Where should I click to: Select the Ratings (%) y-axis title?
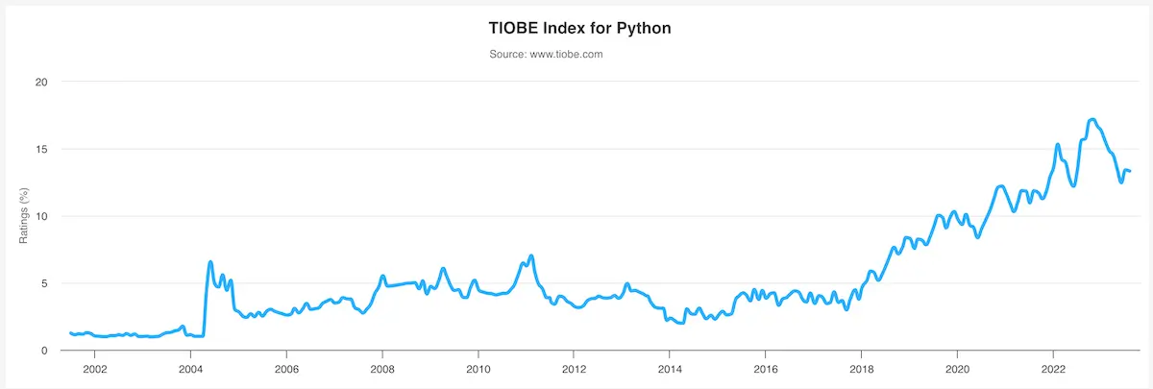[25, 217]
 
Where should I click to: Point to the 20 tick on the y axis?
[41, 82]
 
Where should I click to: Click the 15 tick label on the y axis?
[41, 149]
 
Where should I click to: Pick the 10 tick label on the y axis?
[41, 216]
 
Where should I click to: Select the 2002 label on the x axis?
[94, 368]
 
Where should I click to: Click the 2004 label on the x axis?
[190, 368]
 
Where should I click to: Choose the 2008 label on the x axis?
[382, 368]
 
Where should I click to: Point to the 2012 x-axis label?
[574, 368]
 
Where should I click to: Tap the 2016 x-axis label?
[766, 368]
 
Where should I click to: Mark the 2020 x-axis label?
[957, 368]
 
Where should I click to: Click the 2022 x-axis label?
[1053, 368]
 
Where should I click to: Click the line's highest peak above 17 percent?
[1092, 120]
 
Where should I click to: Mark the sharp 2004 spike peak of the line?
[210, 262]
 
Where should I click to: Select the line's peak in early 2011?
[530, 255]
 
